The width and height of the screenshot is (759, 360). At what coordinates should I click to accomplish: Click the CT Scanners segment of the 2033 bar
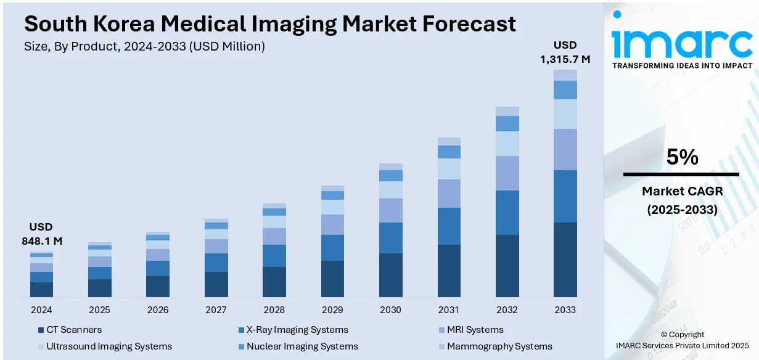pos(565,260)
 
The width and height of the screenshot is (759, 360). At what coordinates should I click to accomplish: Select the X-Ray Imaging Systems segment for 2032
pos(507,213)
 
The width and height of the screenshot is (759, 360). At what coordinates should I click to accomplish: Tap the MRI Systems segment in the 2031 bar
pos(449,194)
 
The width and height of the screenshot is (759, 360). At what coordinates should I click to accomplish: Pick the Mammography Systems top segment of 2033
pos(565,75)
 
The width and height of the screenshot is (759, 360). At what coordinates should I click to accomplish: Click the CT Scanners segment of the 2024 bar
pos(41,290)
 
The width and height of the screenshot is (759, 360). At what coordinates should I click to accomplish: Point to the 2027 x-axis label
pos(216,309)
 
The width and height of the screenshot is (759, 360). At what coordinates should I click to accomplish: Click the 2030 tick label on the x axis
pos(390,309)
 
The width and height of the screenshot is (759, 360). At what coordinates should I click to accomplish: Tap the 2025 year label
pos(99,309)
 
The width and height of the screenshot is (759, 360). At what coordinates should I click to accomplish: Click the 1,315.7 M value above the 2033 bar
pos(565,59)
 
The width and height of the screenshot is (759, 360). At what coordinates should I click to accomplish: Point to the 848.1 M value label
pos(41,240)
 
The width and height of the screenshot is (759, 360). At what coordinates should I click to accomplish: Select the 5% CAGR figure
pos(682,158)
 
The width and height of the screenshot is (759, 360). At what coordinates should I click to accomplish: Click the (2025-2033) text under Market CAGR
pos(682,210)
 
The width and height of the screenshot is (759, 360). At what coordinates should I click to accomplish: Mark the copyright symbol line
pos(682,334)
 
